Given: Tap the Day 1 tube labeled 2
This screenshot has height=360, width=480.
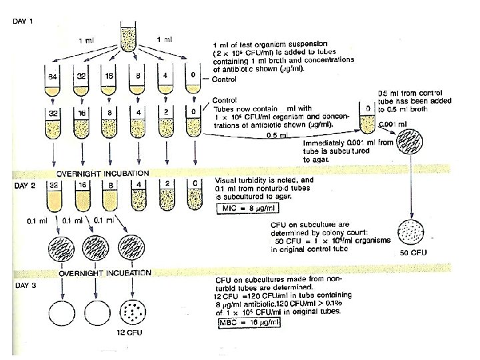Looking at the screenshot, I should point(165,123).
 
